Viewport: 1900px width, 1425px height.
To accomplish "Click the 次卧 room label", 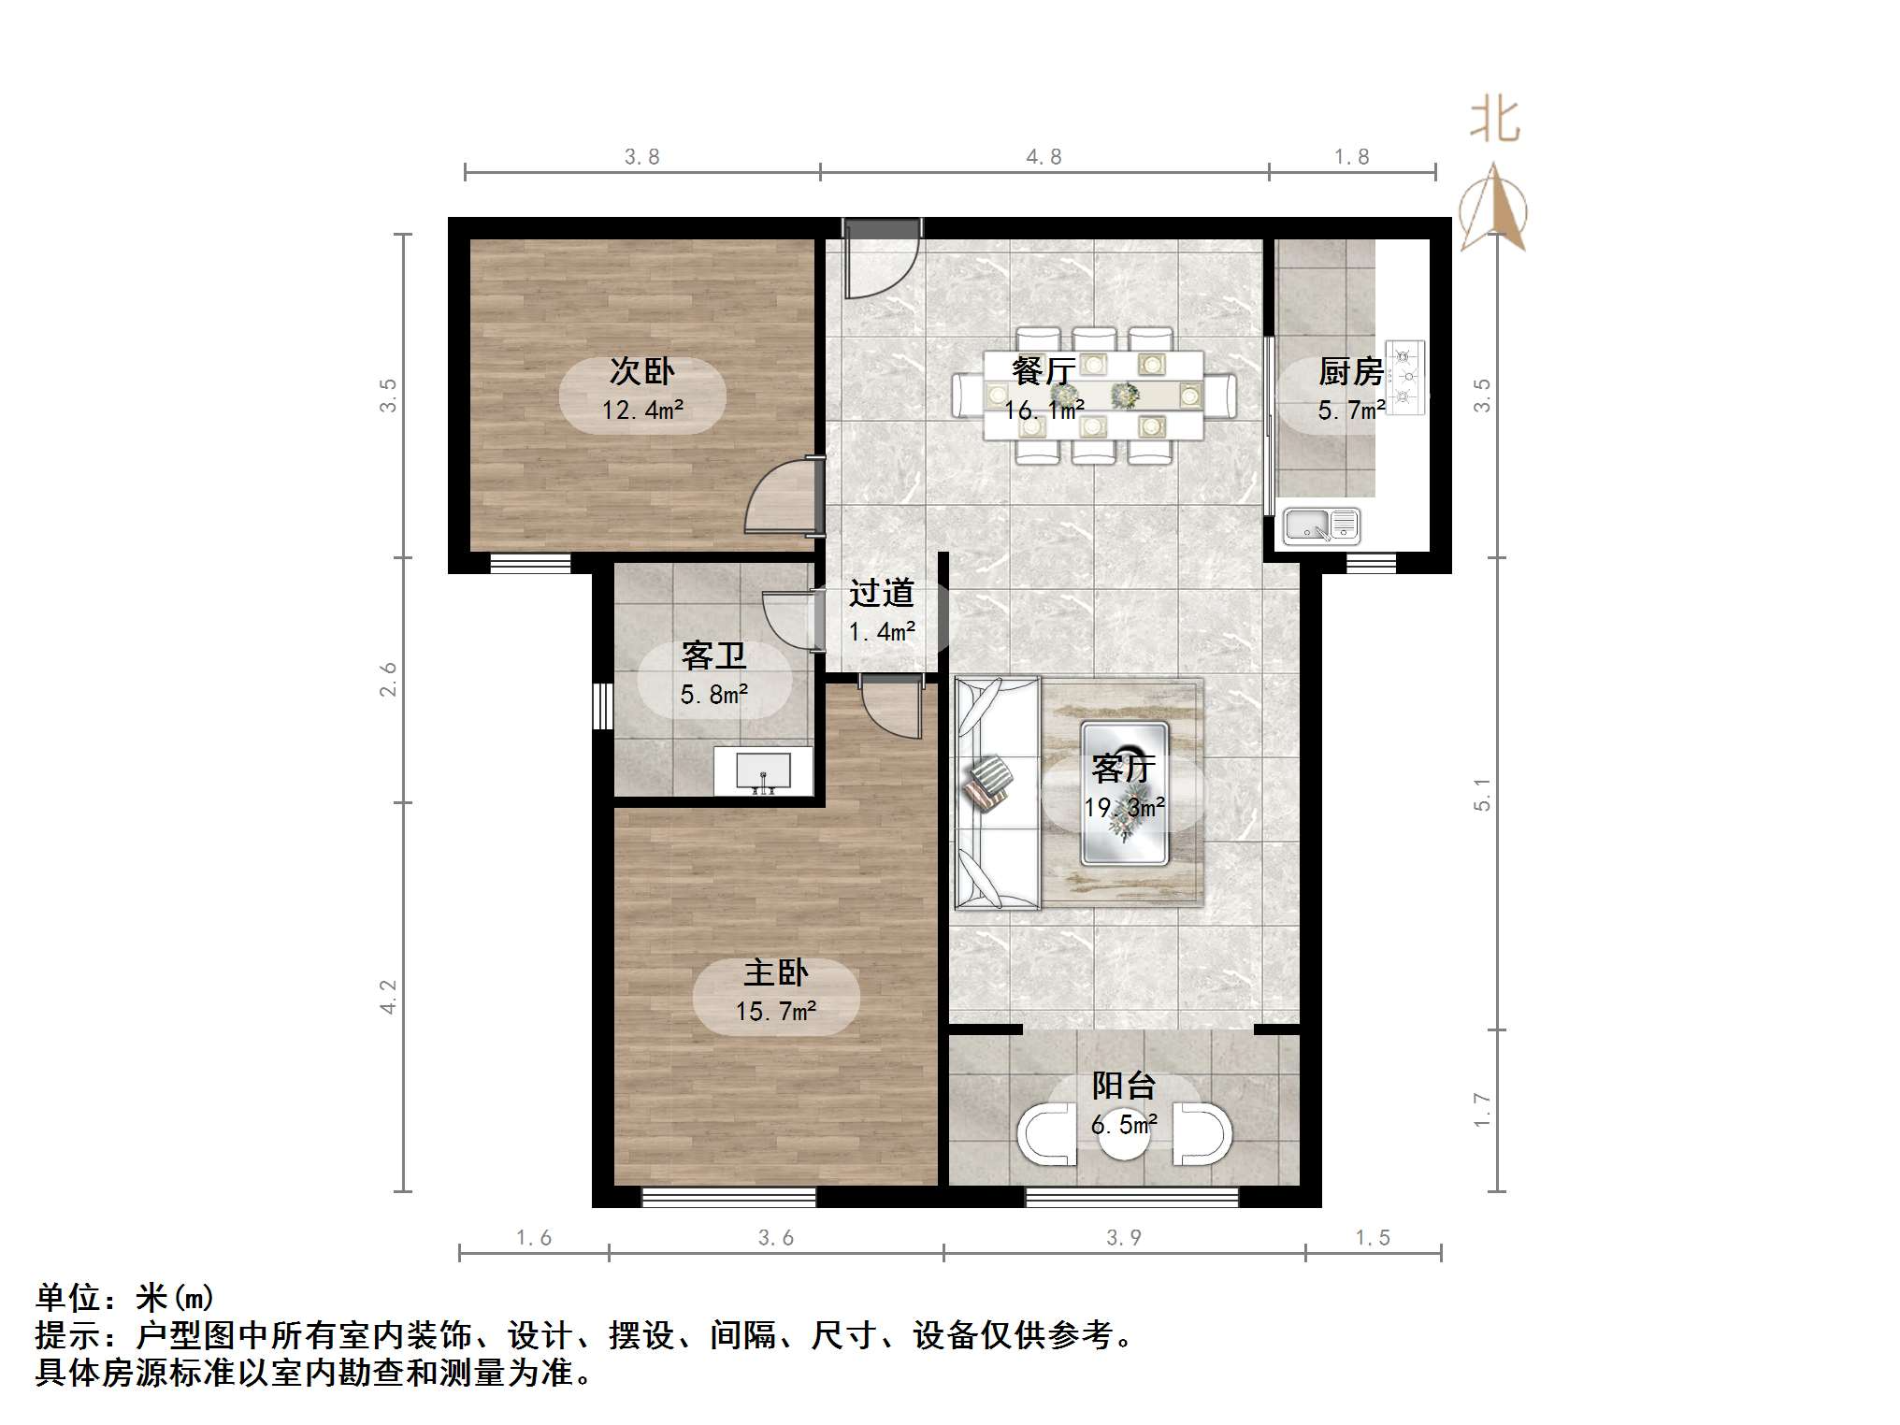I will pyautogui.click(x=641, y=371).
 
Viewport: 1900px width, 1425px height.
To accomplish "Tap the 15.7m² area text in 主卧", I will pyautogui.click(x=775, y=1011).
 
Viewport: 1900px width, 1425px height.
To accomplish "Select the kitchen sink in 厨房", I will pyautogui.click(x=1321, y=525).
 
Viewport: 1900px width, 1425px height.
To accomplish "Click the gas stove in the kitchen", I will pyautogui.click(x=1404, y=377).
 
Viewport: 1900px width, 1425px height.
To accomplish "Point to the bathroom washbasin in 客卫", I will pyautogui.click(x=763, y=772).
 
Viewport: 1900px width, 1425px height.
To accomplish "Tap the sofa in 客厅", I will pyautogui.click(x=997, y=793).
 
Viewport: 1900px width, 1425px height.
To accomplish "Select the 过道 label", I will pyautogui.click(x=881, y=592).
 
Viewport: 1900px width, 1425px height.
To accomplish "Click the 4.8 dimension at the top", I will pyautogui.click(x=1044, y=157).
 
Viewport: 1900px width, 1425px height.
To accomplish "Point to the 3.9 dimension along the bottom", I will pyautogui.click(x=1124, y=1237).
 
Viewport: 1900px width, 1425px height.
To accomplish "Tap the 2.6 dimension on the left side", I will pyautogui.click(x=387, y=679).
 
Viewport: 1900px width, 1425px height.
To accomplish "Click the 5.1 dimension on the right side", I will pyautogui.click(x=1482, y=794).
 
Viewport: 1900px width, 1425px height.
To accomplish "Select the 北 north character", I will pyautogui.click(x=1494, y=121).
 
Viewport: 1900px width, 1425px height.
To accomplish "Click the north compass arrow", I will pyautogui.click(x=1494, y=208).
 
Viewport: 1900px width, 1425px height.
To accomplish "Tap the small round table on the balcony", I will pyautogui.click(x=1122, y=1134).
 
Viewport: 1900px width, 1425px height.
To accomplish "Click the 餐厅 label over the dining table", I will pyautogui.click(x=1044, y=371).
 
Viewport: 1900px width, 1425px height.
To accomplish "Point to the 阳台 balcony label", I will pyautogui.click(x=1124, y=1085).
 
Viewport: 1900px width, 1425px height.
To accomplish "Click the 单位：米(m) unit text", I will pyautogui.click(x=124, y=1297).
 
